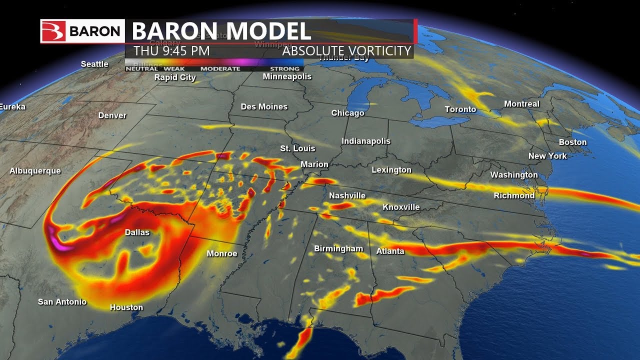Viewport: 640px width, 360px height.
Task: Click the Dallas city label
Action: (x=137, y=232)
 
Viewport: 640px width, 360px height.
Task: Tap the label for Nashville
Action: (x=347, y=195)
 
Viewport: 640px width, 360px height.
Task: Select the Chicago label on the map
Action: (x=347, y=113)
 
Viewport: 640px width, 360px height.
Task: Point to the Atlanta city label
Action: (x=390, y=251)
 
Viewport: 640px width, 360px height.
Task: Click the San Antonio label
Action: (x=62, y=301)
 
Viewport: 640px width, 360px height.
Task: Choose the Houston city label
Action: (x=126, y=307)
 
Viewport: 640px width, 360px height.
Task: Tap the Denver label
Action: (x=112, y=115)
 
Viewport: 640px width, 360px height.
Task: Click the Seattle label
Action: (x=94, y=64)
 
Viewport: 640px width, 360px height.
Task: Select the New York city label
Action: (x=547, y=156)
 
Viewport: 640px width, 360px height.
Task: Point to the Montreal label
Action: (x=521, y=104)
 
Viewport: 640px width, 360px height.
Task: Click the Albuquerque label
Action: (x=35, y=171)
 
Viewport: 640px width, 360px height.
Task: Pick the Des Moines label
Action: (x=264, y=106)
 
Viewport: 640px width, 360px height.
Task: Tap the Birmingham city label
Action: (x=338, y=248)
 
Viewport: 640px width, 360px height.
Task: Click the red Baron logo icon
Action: (x=52, y=31)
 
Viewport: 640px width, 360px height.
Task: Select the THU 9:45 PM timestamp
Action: (x=171, y=51)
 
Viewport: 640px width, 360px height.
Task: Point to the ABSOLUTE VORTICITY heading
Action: (x=346, y=51)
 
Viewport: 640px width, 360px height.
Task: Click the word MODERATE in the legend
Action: (x=220, y=68)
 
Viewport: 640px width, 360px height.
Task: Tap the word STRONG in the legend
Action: (x=285, y=68)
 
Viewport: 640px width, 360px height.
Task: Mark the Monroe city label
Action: (x=222, y=253)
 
